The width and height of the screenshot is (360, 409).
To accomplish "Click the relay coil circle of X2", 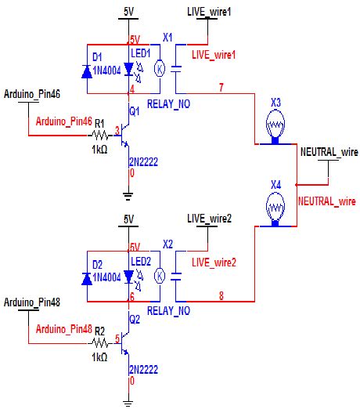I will click(160, 275).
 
